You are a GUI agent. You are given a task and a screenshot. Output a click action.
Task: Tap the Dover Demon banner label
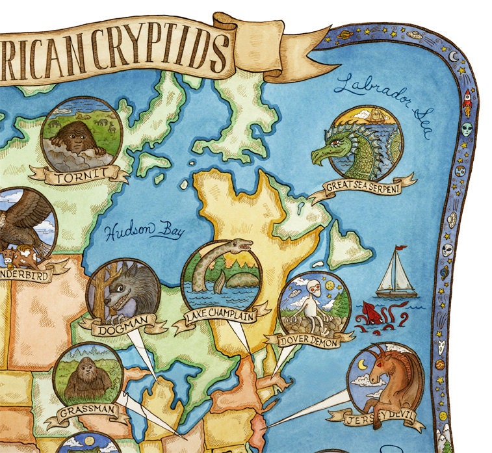click(x=309, y=339)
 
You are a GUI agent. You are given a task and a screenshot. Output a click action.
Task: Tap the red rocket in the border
click(x=465, y=97)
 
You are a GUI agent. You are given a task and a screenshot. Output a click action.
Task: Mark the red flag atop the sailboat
click(x=400, y=248)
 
